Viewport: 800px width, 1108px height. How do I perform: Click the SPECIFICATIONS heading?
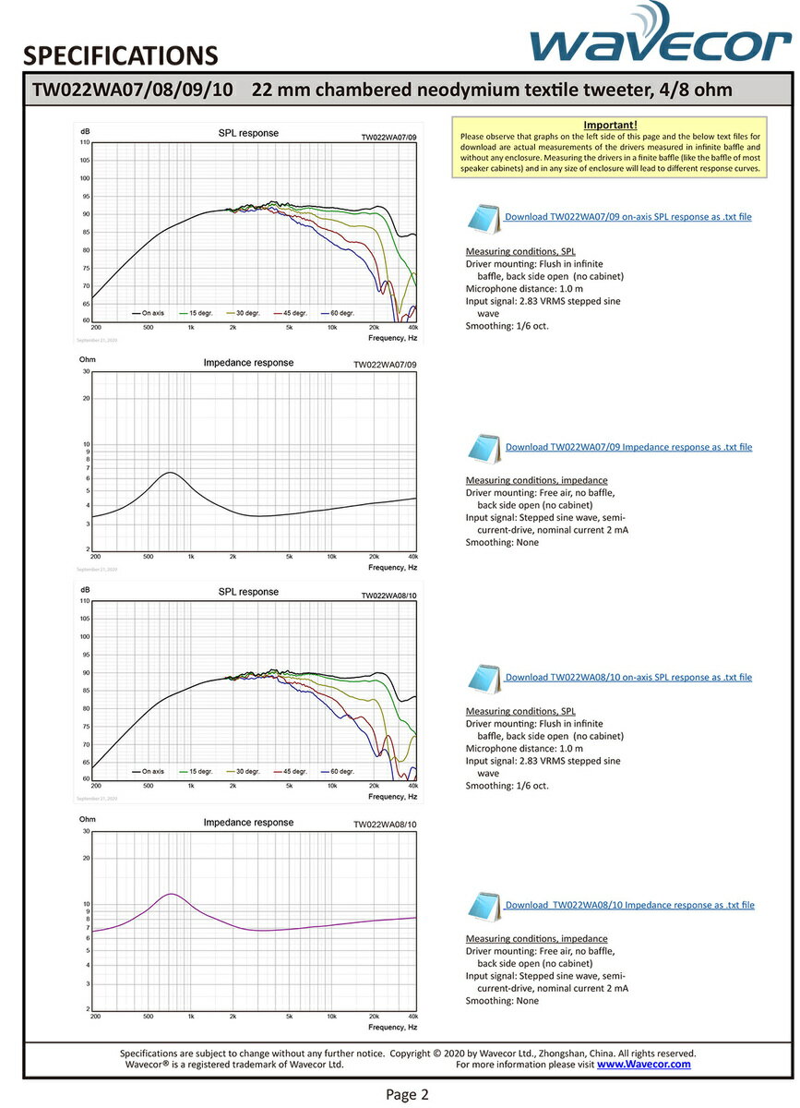[120, 56]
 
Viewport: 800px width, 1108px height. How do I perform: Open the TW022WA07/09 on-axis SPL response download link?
[627, 217]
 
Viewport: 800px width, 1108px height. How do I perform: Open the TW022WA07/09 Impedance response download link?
[628, 447]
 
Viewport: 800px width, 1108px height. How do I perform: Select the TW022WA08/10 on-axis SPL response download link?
[628, 677]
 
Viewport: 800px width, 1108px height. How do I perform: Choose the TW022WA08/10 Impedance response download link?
[629, 905]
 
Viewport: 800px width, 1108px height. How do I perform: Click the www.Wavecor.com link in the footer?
[643, 1064]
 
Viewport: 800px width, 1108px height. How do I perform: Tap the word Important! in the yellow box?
[611, 125]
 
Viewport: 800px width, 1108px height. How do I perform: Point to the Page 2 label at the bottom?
[407, 1095]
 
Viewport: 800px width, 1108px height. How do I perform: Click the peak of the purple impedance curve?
[171, 894]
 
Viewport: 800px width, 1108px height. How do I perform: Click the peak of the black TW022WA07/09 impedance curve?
[170, 473]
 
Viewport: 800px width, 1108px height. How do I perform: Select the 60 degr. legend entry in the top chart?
[340, 312]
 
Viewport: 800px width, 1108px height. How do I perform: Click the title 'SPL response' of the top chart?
[247, 133]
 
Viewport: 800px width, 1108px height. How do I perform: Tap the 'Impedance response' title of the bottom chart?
[248, 822]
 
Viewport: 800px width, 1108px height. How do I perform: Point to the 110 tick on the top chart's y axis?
[84, 142]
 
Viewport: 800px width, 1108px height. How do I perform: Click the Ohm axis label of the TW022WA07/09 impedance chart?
[88, 359]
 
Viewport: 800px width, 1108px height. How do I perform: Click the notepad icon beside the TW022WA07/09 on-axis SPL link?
[483, 218]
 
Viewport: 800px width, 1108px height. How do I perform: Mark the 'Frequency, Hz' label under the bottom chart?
[392, 1027]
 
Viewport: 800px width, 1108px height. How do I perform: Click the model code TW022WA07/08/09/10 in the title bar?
[132, 90]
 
